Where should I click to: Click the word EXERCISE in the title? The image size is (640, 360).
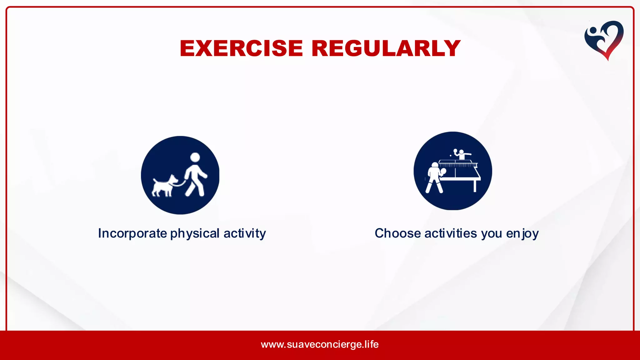coord(241,49)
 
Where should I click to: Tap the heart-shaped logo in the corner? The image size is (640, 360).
coord(604,40)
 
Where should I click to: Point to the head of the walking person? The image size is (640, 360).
coord(195,157)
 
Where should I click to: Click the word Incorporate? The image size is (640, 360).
coord(132,233)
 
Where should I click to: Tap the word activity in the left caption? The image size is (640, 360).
coord(244,233)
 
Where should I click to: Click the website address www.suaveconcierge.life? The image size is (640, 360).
coord(320,344)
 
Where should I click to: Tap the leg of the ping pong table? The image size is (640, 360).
coord(475,186)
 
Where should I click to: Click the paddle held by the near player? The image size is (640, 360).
coord(443,171)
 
